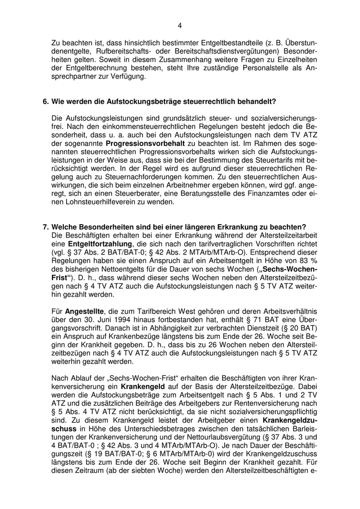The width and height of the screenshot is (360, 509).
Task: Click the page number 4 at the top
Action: [x=180, y=25]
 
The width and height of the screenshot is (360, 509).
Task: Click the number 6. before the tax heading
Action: [x=46, y=102]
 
